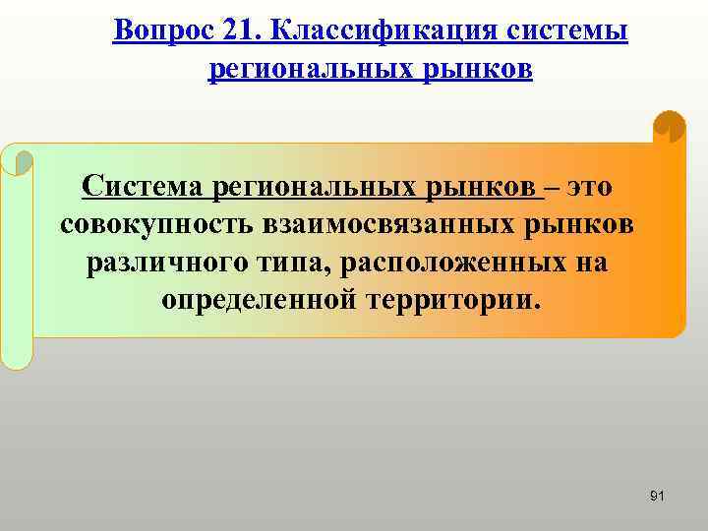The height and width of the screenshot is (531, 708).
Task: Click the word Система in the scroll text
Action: pyautogui.click(x=143, y=186)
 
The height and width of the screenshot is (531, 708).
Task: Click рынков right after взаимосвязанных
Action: pyautogui.click(x=579, y=223)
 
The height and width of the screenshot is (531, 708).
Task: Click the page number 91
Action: pyautogui.click(x=658, y=496)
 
